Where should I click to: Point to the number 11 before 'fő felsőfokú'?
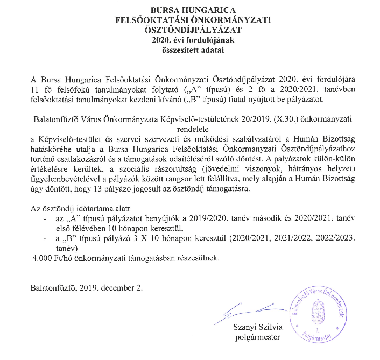35,90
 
